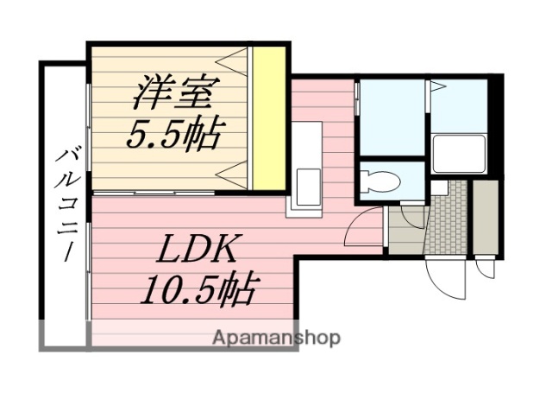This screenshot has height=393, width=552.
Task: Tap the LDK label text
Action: [x=196, y=250]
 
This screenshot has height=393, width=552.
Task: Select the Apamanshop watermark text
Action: [x=276, y=337]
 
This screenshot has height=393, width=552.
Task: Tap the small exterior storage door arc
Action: [x=485, y=269]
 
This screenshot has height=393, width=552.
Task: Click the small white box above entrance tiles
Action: [x=439, y=187]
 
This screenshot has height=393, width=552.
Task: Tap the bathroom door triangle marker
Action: [x=437, y=87]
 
